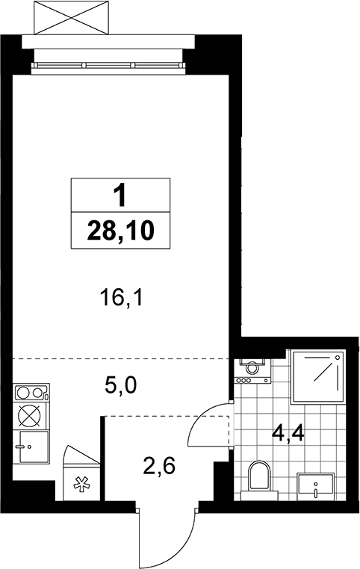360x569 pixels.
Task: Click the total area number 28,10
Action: tap(121, 231)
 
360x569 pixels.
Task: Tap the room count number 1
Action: tap(120, 195)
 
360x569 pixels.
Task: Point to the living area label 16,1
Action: tap(122, 299)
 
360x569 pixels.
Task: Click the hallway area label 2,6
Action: tap(159, 466)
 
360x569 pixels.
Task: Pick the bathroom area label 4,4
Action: tap(288, 434)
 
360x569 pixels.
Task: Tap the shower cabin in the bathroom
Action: tap(318, 376)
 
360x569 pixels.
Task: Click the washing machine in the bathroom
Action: tap(253, 371)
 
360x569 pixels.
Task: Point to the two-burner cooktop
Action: tap(31, 393)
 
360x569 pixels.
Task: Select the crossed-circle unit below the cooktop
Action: tap(31, 416)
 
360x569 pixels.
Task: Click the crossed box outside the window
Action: tap(71, 17)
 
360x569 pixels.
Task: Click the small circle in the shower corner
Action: tap(338, 358)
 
